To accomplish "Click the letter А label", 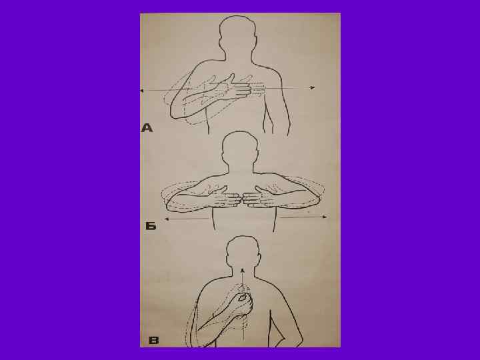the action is tap(147, 127).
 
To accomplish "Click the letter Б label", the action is tap(151, 226).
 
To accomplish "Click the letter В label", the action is tap(154, 341).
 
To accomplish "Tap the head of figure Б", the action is tap(241, 147).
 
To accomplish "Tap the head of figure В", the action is tap(243, 251).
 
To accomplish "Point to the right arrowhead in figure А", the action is tap(312, 87).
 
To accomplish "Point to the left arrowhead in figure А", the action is tap(142, 91).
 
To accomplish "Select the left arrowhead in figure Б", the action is tap(167, 219).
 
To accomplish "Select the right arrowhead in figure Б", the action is tap(325, 217).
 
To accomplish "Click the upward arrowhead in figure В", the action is tap(243, 271).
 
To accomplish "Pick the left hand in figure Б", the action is tap(227, 199).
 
